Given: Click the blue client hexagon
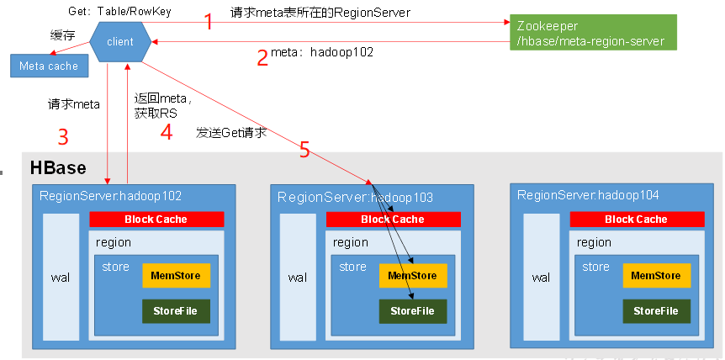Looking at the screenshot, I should pyautogui.click(x=120, y=41).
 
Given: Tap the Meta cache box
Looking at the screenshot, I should pyautogui.click(x=48, y=66).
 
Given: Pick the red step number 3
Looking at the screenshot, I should pyautogui.click(x=62, y=136).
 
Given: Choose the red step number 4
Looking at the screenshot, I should pyautogui.click(x=167, y=133).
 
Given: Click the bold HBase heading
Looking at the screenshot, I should pyautogui.click(x=58, y=167).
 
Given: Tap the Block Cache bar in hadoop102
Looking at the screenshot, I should pyautogui.click(x=156, y=220).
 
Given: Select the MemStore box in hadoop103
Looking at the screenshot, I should pyautogui.click(x=412, y=276).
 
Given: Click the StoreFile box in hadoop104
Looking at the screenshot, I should pyautogui.click(x=656, y=311).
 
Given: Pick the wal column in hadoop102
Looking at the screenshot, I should pyautogui.click(x=61, y=278).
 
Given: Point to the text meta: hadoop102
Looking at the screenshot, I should pyautogui.click(x=322, y=52).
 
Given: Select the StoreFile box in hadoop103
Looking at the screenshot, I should pyautogui.click(x=412, y=311).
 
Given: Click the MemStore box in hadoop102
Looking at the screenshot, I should pyautogui.click(x=176, y=276).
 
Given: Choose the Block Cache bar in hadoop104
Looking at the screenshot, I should pyautogui.click(x=636, y=220).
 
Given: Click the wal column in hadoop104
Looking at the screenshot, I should pyautogui.click(x=541, y=278).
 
